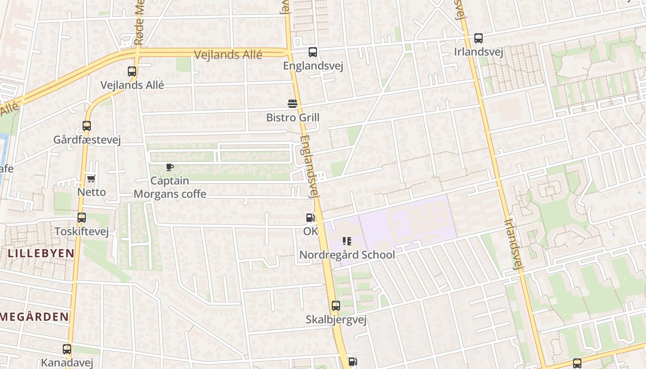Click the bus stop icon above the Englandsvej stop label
point(313,52)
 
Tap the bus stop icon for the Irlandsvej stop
point(479,38)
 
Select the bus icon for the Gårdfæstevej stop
point(87,125)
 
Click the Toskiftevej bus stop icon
point(82,218)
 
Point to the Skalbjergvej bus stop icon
point(336,306)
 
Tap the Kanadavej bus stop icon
point(67,349)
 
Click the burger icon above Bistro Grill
point(293,104)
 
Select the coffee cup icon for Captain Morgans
point(169,167)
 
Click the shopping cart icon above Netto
point(91,179)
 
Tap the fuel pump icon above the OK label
point(311,218)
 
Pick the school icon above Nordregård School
point(347,241)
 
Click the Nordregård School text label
point(347,255)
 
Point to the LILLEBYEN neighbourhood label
point(41,253)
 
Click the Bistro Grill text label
point(293,118)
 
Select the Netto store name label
point(91,192)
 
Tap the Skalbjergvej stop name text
point(336,320)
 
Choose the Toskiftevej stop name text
point(82,231)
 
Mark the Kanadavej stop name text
point(67,363)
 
